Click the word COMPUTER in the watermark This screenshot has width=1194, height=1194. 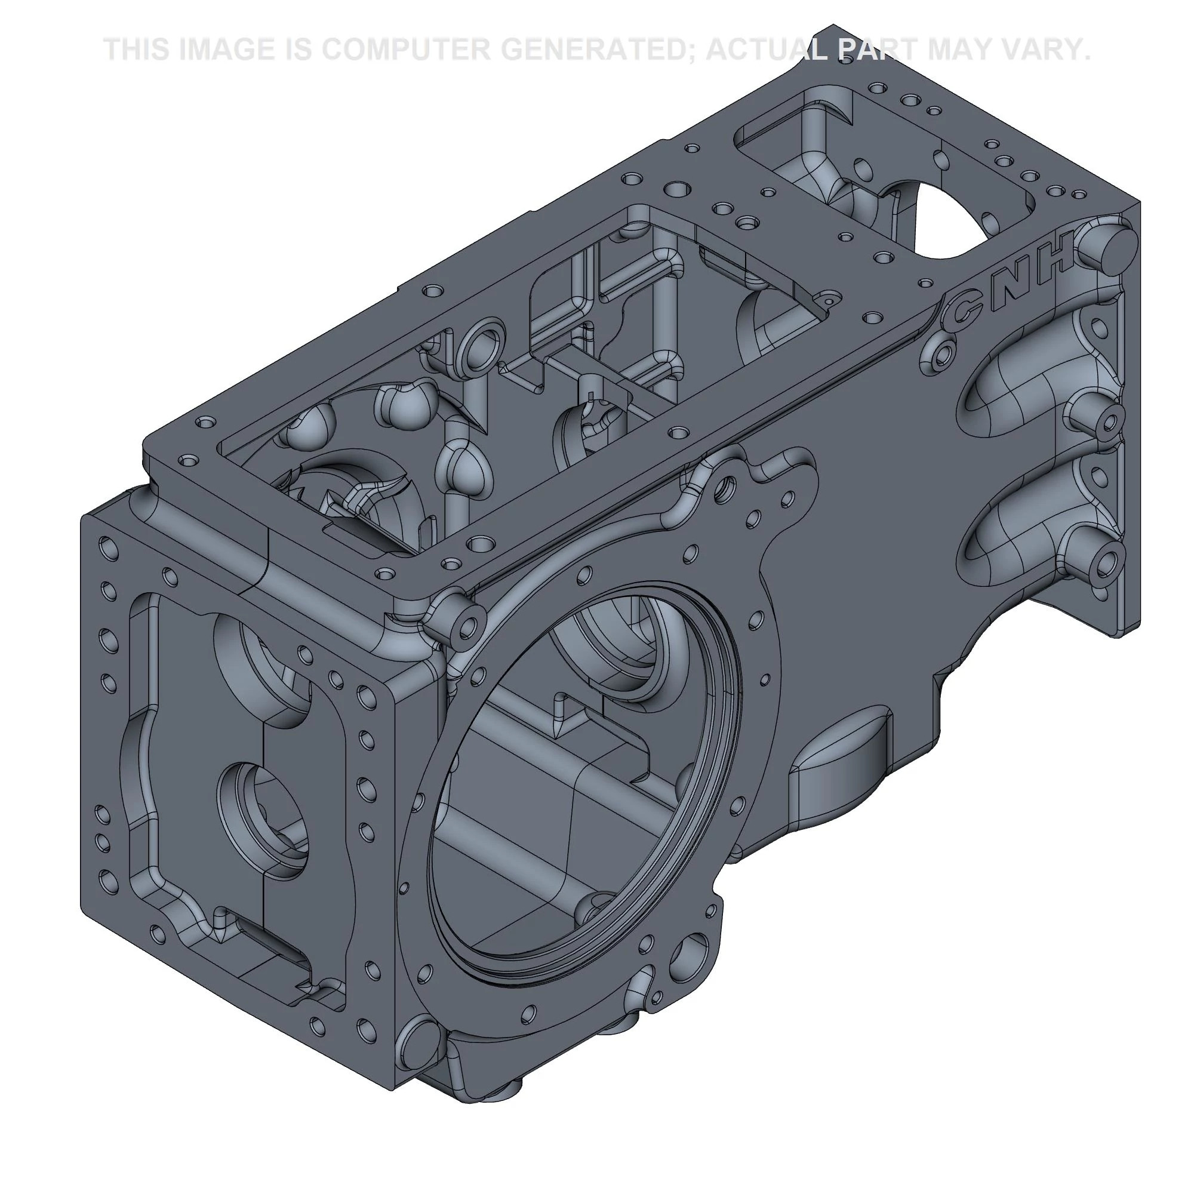[x=405, y=50]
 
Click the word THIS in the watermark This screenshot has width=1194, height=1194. [x=137, y=50]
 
